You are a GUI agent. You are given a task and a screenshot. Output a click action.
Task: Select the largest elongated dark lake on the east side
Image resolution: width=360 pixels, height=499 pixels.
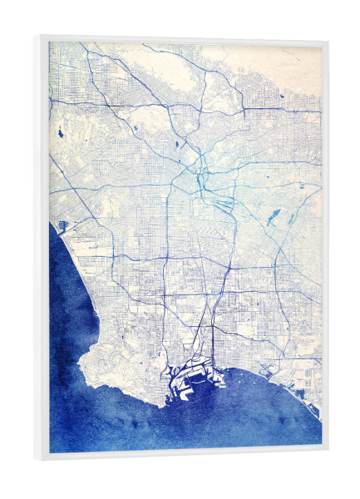pyautogui.click(x=273, y=218)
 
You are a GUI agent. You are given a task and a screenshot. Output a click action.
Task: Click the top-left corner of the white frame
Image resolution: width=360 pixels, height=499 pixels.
pyautogui.click(x=38, y=35)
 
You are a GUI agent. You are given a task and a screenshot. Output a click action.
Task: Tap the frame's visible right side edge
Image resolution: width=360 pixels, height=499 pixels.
pyautogui.click(x=325, y=249)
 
